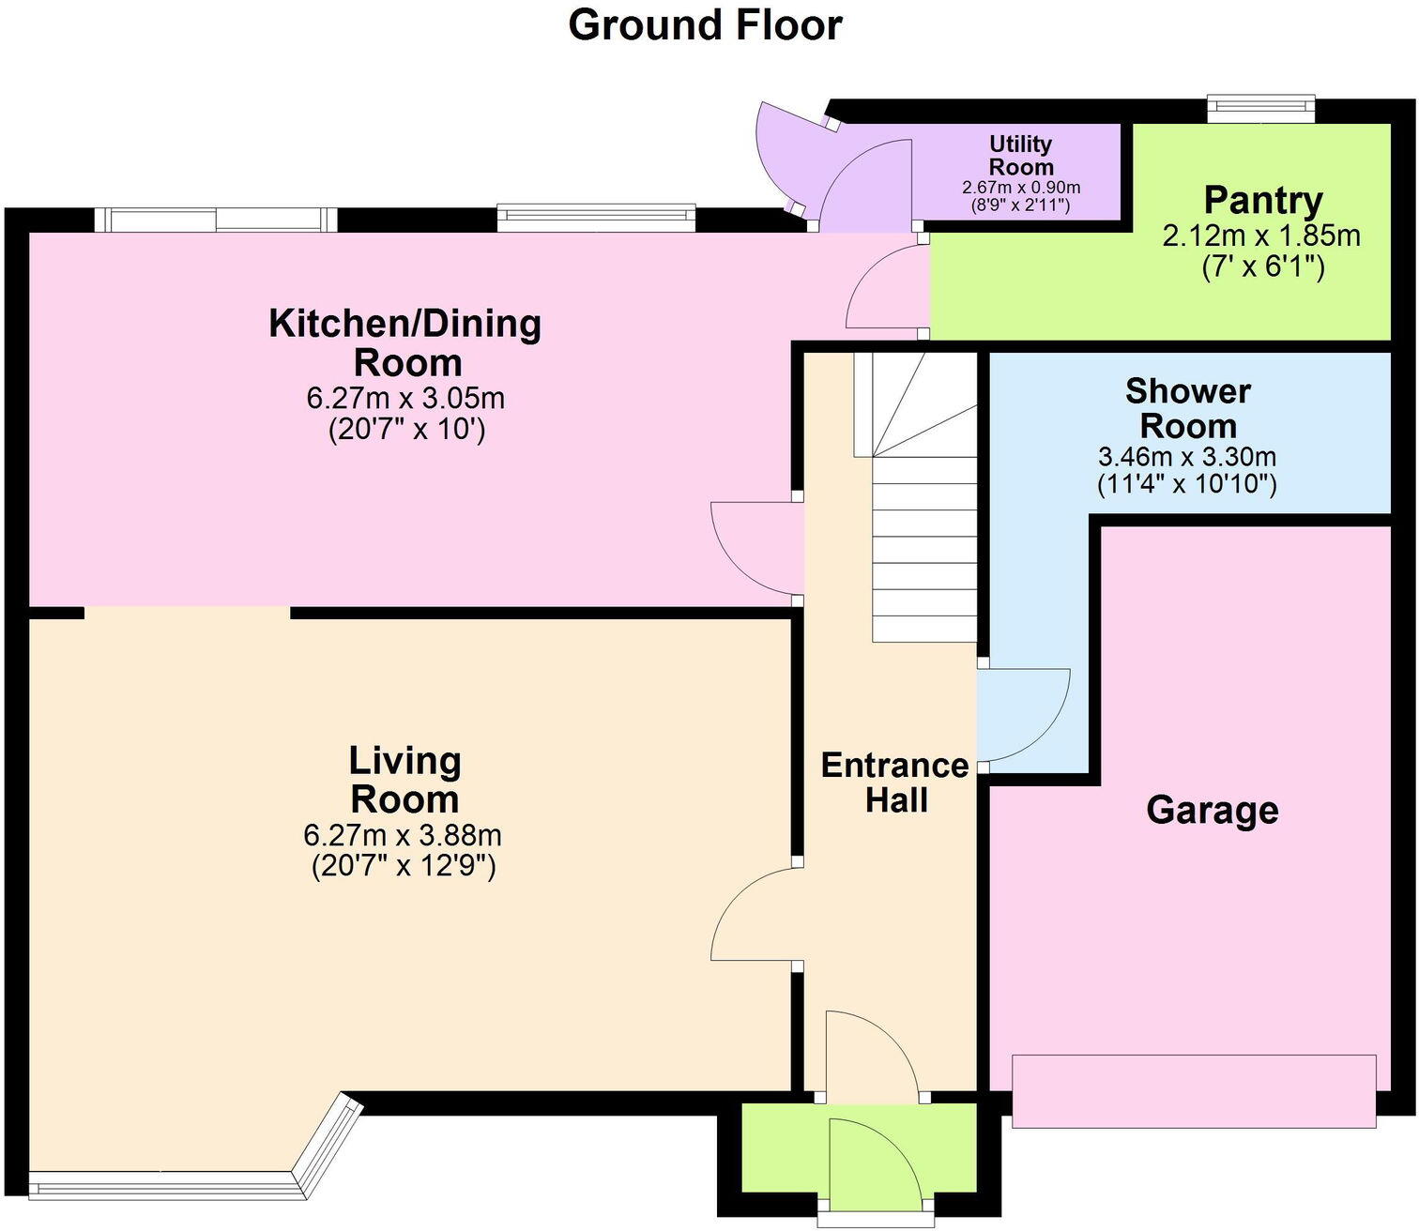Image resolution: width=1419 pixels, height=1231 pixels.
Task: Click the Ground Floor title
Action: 705,25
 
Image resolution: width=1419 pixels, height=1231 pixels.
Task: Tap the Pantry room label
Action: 1263,200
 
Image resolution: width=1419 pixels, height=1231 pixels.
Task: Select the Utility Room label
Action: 1021,155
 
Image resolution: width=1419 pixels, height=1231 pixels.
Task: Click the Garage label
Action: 1212,809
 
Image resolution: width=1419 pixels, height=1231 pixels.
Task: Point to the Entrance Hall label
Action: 894,783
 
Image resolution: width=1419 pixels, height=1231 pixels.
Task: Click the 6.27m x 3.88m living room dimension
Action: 403,834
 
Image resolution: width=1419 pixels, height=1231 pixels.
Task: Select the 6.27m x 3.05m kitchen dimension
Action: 405,398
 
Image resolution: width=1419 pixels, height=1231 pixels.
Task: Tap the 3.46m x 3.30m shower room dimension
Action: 1186,457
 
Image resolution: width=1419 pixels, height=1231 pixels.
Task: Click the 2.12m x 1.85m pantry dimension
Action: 1261,236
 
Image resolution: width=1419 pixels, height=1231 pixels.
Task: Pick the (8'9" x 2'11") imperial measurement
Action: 1021,205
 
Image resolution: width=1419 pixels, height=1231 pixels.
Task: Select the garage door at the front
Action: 1194,1090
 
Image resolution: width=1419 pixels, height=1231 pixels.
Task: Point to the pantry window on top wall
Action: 1260,108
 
